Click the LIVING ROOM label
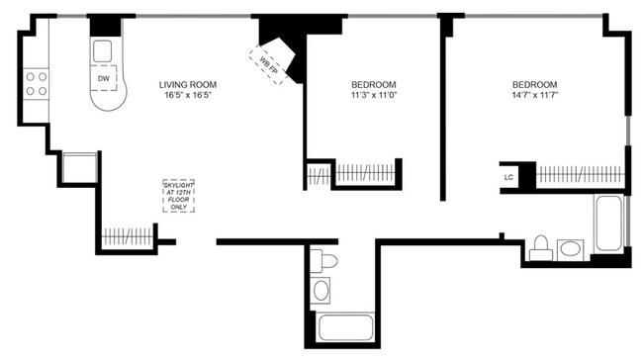click(x=187, y=84)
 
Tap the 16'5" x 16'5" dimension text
click(x=187, y=97)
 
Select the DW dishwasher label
click(x=103, y=78)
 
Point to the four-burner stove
click(x=37, y=82)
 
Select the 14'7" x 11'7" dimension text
click(x=534, y=97)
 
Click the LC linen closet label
click(x=509, y=177)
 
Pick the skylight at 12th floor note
click(x=179, y=195)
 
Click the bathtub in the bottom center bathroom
click(x=343, y=328)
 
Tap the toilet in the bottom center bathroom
click(x=323, y=262)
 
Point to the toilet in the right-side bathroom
click(x=540, y=248)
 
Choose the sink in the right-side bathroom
click(x=572, y=247)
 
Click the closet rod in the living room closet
click(x=129, y=238)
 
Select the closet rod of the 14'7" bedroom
click(x=582, y=175)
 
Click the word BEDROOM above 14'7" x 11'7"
click(x=534, y=84)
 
